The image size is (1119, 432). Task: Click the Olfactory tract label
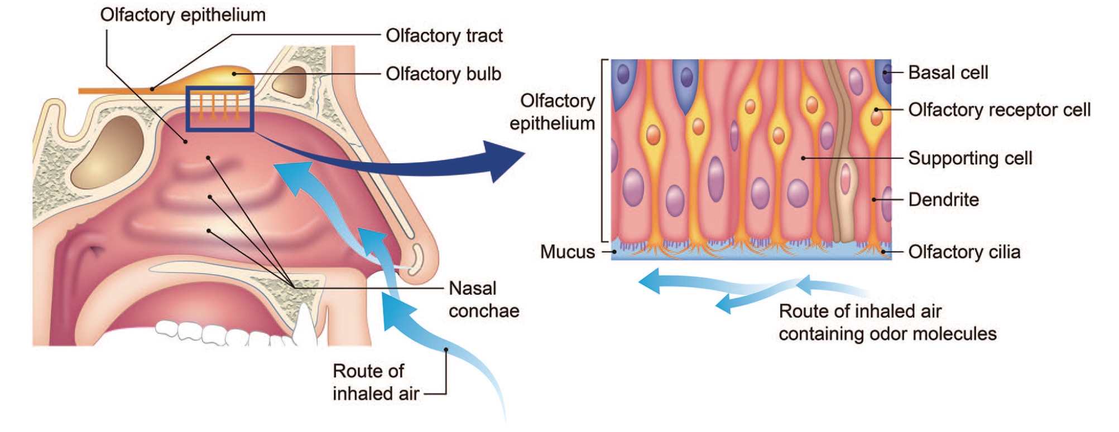pyautogui.click(x=444, y=36)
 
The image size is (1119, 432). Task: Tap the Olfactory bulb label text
pyautogui.click(x=443, y=74)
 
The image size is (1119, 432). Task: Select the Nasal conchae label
pyautogui.click(x=483, y=299)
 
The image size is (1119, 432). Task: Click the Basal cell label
pyautogui.click(x=948, y=72)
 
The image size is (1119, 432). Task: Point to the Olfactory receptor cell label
pyautogui.click(x=999, y=110)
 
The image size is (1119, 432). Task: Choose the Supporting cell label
pyautogui.click(x=970, y=158)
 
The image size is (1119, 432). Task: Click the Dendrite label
pyautogui.click(x=943, y=200)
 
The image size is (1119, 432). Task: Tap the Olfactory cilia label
pyautogui.click(x=964, y=252)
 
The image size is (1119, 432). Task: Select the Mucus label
pyautogui.click(x=567, y=252)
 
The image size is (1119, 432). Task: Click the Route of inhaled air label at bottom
pyautogui.click(x=375, y=382)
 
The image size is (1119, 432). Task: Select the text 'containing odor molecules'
pyautogui.click(x=887, y=334)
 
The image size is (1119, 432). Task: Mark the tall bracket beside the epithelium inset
pyautogui.click(x=602, y=151)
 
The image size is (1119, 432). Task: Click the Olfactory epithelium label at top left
pyautogui.click(x=183, y=15)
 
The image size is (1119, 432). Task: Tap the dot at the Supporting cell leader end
pyautogui.click(x=803, y=158)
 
